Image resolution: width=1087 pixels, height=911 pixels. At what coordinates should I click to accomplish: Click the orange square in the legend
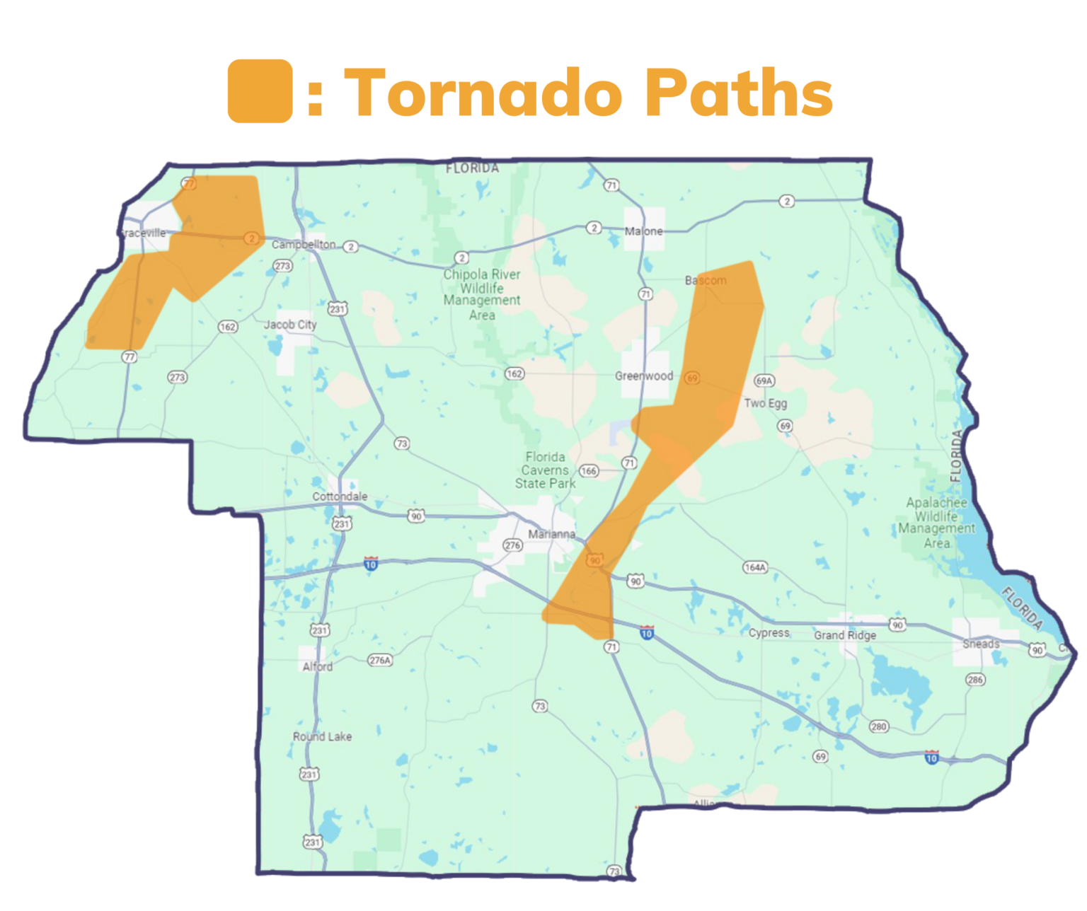[x=260, y=91]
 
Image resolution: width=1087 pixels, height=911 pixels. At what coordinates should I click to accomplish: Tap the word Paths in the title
[x=739, y=93]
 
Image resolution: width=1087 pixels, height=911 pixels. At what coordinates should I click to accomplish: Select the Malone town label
[x=643, y=231]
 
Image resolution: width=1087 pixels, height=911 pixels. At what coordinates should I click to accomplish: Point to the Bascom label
[x=706, y=280]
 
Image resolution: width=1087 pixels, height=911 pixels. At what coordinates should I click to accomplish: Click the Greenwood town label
[x=643, y=376]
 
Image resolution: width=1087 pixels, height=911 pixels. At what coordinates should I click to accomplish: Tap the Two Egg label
[x=765, y=403]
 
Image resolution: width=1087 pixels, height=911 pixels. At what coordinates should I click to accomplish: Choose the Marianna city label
[x=551, y=534]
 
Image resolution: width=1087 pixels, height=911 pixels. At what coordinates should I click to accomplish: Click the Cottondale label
[x=340, y=497]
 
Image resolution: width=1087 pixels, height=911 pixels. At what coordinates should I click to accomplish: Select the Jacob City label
[x=290, y=325]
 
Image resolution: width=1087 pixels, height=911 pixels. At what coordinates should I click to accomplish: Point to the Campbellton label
[x=304, y=244]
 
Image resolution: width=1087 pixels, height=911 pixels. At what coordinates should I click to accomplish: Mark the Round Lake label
[x=322, y=736]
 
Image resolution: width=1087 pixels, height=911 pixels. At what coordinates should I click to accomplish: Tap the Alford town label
[x=317, y=666]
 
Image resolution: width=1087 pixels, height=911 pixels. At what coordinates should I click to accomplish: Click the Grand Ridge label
[x=845, y=635]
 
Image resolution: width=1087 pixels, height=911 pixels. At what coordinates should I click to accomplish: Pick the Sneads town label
[x=981, y=644]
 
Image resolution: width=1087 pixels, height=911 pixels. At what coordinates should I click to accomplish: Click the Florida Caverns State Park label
[x=545, y=470]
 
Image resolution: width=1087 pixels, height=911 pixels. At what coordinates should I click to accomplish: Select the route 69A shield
[x=764, y=381]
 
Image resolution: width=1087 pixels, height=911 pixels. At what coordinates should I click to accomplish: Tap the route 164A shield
[x=755, y=567]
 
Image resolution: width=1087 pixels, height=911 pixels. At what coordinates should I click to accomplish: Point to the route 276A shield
[x=380, y=660]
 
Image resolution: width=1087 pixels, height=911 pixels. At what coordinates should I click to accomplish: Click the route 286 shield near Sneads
[x=975, y=680]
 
